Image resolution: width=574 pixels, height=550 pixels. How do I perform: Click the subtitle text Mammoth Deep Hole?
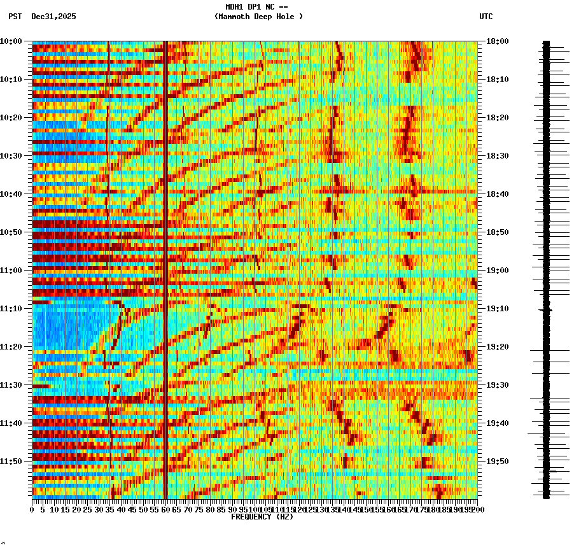258,17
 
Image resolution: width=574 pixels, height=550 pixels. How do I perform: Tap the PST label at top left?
15,17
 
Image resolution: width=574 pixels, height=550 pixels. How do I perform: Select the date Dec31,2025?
53,17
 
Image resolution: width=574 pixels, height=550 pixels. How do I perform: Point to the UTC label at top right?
486,17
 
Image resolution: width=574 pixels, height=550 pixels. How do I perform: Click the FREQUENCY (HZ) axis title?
262,517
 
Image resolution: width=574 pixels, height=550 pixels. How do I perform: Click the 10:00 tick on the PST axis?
11,41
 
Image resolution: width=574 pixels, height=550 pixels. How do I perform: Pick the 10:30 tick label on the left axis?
11,156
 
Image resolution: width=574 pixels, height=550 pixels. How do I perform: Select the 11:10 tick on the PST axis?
11,309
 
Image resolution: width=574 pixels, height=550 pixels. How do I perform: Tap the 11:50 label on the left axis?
11,462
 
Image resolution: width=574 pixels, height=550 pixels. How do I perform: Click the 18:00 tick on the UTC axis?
497,41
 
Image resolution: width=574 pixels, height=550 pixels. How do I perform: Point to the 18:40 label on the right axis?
497,194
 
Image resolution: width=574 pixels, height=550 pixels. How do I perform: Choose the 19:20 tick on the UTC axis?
497,347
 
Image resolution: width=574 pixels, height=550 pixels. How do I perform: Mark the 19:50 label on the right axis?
497,462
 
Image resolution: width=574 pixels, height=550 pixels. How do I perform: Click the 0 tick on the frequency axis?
32,509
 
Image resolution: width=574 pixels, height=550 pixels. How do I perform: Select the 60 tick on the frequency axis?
165,509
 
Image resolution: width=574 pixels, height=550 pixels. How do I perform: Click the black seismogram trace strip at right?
546,267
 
